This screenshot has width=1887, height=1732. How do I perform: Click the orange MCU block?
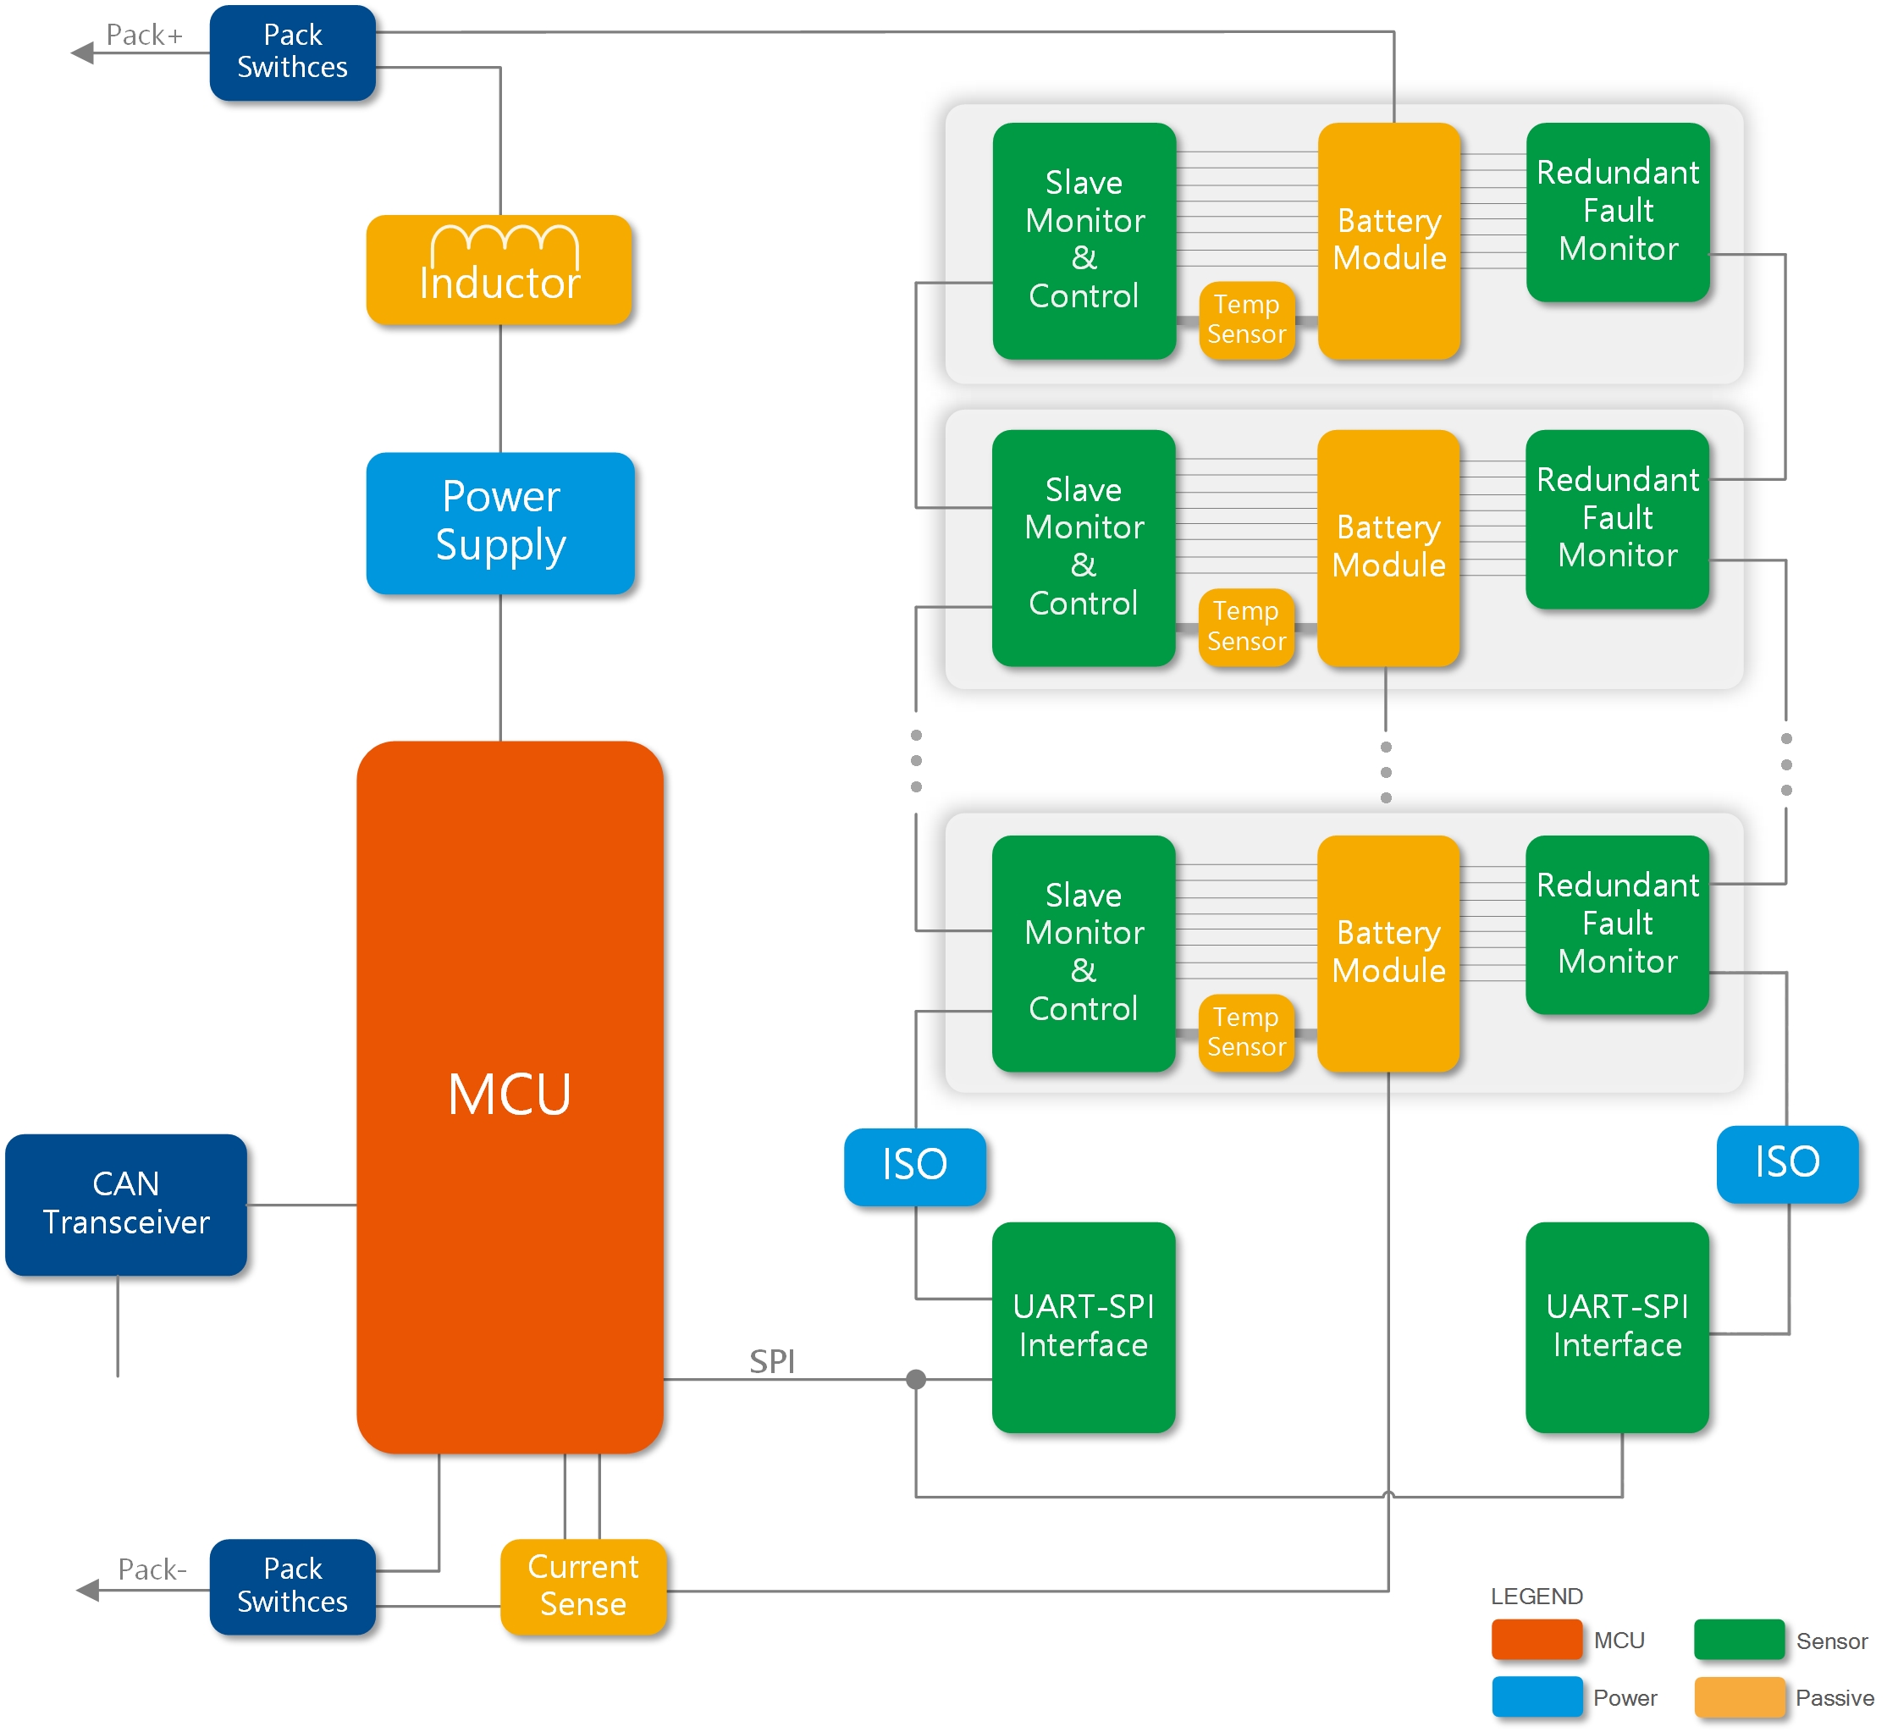point(510,1096)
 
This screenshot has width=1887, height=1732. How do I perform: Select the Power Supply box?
point(500,523)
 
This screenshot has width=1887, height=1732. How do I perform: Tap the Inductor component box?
point(499,270)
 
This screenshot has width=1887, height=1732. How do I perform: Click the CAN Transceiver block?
point(125,1205)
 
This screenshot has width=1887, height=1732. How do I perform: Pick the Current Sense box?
point(583,1586)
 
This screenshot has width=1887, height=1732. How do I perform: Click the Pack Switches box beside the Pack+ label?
point(292,52)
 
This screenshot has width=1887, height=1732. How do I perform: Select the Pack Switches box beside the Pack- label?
point(292,1586)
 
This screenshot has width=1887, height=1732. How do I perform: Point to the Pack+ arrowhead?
point(82,52)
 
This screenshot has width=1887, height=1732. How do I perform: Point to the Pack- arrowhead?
point(87,1590)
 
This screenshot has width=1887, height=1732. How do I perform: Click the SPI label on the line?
point(771,1361)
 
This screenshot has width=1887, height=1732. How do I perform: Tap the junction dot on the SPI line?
point(916,1379)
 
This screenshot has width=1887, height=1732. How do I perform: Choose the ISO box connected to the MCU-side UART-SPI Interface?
point(915,1165)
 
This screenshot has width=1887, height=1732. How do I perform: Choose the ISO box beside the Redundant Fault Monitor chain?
point(1787,1163)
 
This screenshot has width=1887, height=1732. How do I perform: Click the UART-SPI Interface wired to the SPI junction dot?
point(1083,1327)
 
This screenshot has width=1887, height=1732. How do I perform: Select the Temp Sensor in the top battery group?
point(1246,320)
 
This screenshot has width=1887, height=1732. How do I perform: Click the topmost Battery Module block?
point(1388,241)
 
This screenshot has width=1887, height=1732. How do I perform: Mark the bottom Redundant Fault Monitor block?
point(1617,924)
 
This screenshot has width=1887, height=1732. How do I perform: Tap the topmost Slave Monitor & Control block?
point(1084,241)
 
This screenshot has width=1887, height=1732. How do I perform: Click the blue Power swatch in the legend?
point(1537,1697)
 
